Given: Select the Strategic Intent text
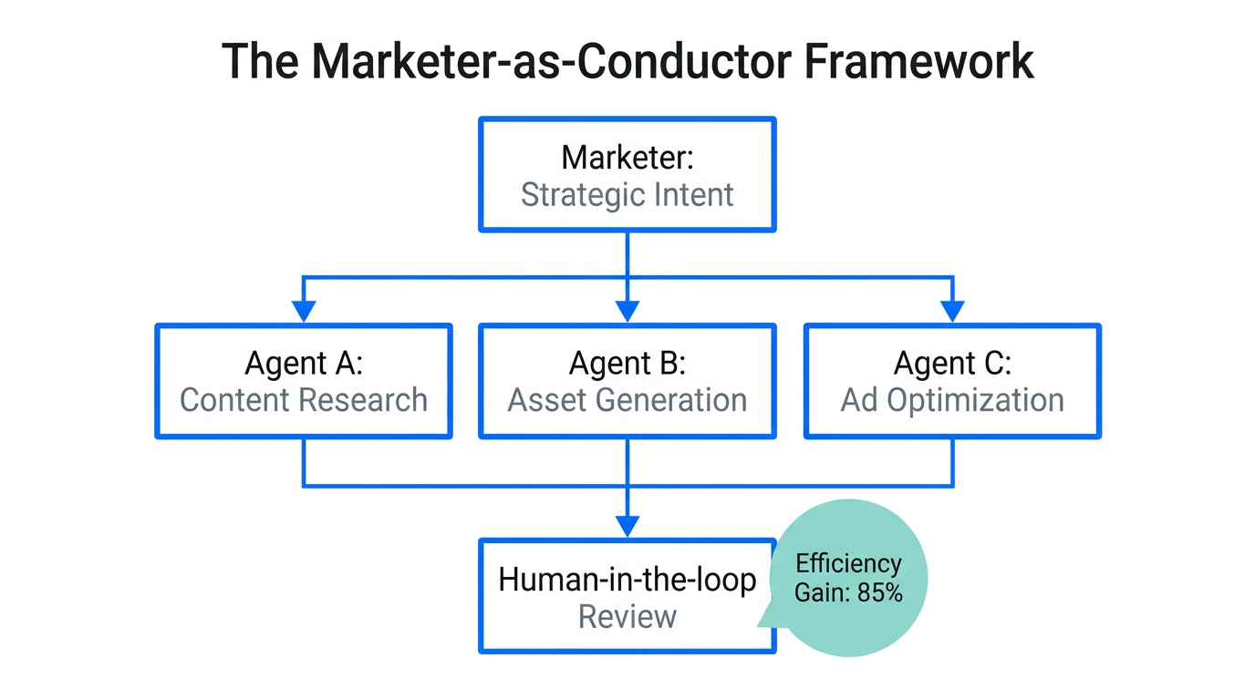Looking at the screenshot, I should pos(627,195).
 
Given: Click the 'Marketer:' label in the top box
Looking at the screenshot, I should pos(627,158).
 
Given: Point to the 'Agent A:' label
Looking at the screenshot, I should pos(304,363).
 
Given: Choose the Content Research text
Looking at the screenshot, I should pos(304,400).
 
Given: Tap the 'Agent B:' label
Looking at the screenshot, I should pos(627,363).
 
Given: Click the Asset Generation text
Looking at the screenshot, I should pos(627,400).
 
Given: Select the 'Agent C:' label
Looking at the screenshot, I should pos(952,363).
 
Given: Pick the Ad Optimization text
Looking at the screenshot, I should pos(952,400).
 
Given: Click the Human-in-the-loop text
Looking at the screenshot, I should pos(627,580).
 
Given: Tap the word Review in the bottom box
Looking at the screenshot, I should pos(627,617).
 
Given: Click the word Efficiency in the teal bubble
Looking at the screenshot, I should pos(848,563).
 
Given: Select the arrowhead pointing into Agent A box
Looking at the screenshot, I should pos(304,312).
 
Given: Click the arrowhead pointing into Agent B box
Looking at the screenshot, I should pos(627,312).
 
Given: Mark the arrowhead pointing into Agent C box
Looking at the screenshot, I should pos(952,312).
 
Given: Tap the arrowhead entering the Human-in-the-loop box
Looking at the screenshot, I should pos(627,526).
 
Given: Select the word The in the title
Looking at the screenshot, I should pos(258,62).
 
